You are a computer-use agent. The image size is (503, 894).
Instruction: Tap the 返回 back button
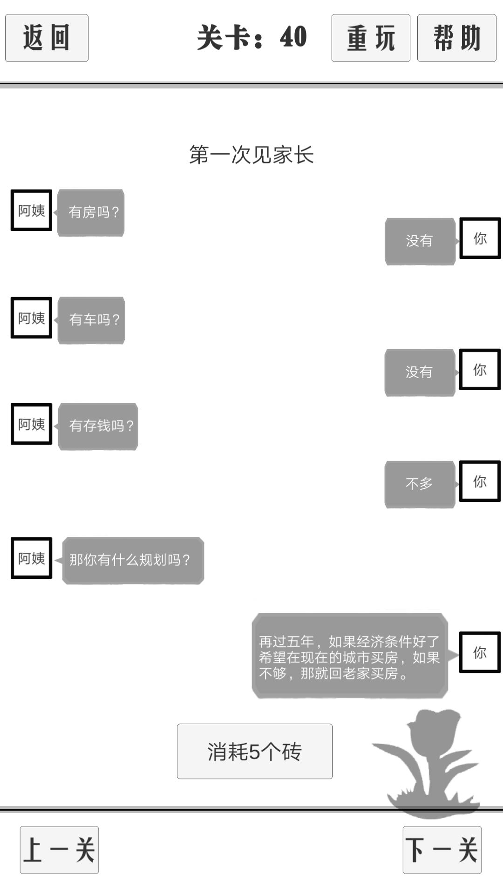47,38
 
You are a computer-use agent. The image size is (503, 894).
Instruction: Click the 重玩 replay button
371,38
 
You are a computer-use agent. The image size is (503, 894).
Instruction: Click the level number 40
293,37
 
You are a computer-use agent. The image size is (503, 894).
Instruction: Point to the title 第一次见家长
251,155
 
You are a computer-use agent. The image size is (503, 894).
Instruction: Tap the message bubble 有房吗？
91,212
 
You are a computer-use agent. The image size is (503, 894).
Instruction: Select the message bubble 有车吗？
91,320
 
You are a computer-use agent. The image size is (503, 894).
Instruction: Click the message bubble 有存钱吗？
98,426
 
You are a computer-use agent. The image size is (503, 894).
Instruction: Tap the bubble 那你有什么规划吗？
133,560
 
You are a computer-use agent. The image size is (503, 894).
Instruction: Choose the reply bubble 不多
420,484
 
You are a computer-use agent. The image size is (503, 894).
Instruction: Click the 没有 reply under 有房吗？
420,241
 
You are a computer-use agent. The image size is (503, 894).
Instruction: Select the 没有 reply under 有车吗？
420,372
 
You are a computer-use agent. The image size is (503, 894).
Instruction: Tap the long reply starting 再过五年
350,656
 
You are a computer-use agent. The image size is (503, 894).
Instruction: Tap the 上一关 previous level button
59,850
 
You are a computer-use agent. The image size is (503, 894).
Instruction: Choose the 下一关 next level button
442,850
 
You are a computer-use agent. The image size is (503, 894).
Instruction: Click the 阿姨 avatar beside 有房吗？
31,210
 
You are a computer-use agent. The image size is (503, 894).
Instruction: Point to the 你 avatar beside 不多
480,481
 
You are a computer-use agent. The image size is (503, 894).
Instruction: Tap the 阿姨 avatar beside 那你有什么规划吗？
31,558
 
